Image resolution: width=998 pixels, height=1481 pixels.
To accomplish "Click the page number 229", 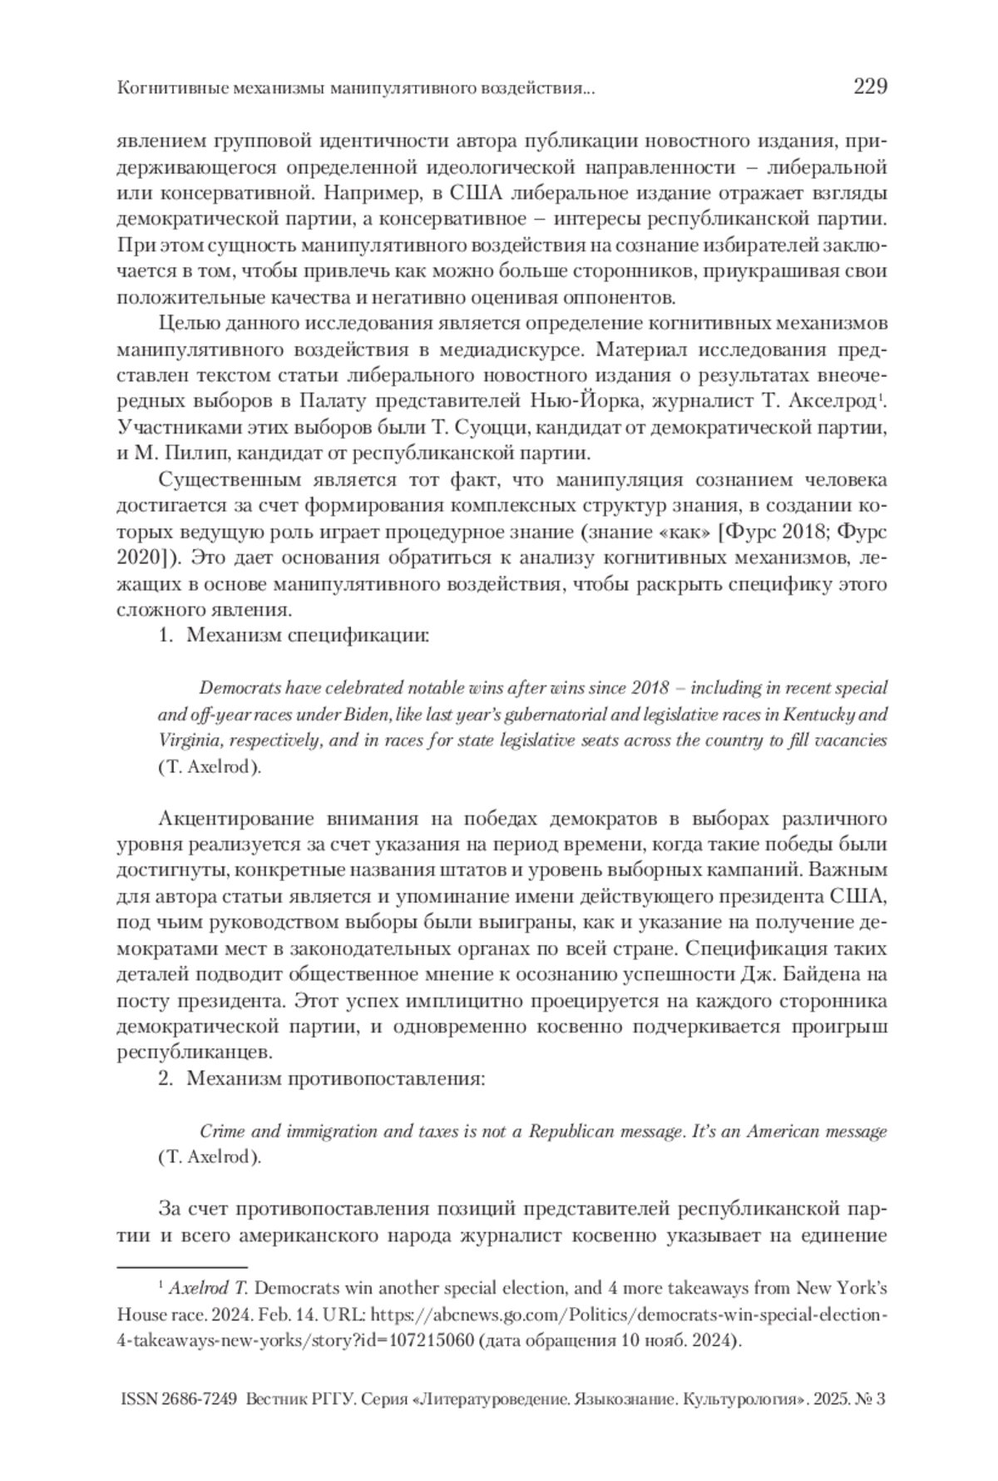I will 870,87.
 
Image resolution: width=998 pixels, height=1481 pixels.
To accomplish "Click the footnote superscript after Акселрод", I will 880,397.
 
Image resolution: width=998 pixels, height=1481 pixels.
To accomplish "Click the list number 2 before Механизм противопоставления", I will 165,1079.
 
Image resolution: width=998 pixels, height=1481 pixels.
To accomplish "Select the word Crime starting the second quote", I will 220,1132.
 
